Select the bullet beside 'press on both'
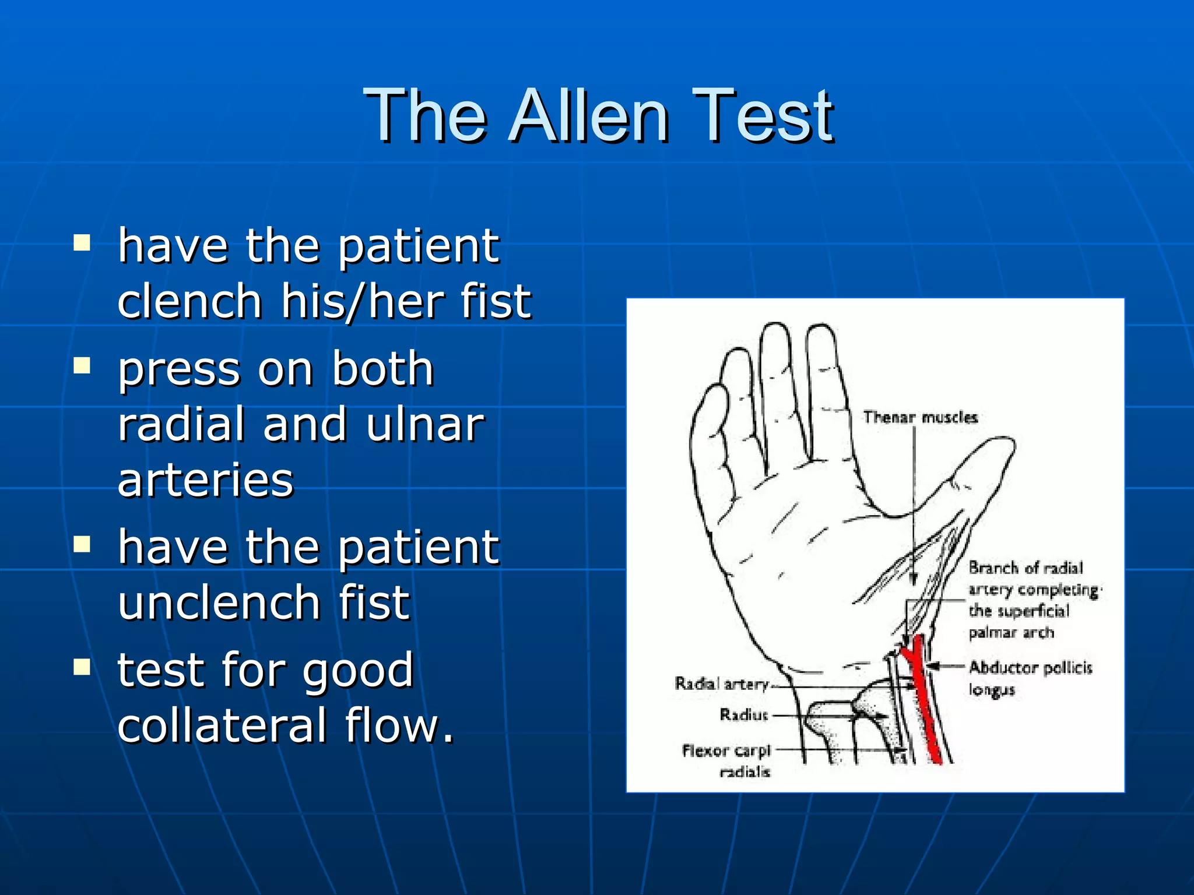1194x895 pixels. tap(82, 365)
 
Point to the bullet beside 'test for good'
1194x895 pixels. tap(82, 667)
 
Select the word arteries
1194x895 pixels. tap(205, 480)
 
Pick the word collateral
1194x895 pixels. tap(222, 726)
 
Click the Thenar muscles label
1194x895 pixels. tap(920, 417)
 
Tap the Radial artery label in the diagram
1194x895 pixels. tap(722, 683)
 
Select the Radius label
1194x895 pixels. tap(744, 714)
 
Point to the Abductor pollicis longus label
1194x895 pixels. tap(1029, 678)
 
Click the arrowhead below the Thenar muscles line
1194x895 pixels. tap(914, 579)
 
